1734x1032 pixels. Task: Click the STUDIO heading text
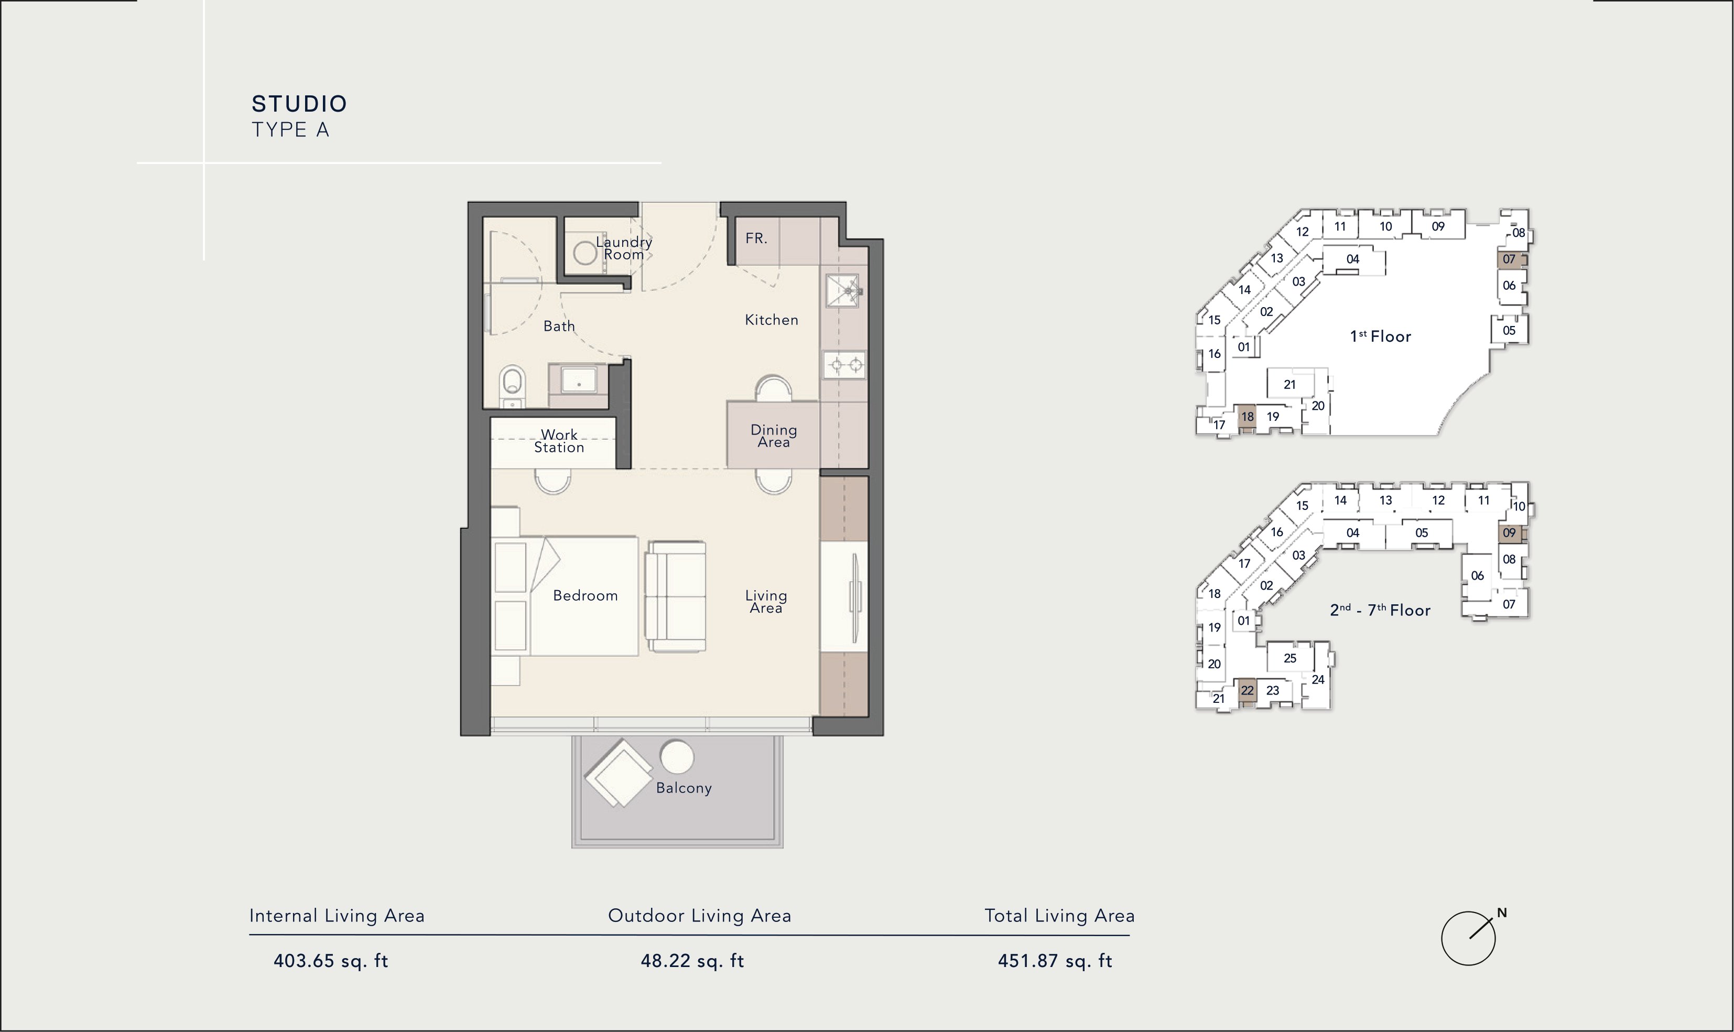point(299,104)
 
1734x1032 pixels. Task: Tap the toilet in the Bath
point(513,386)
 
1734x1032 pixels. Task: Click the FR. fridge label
point(756,238)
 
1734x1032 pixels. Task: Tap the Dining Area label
point(773,436)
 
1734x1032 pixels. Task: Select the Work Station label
point(559,441)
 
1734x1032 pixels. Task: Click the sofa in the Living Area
point(676,596)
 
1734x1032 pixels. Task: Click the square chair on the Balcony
point(619,773)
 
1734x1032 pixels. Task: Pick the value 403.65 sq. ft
point(330,961)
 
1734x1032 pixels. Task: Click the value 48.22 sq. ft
point(692,961)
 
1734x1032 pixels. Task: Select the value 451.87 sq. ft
point(1055,961)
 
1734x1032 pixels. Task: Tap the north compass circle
point(1468,938)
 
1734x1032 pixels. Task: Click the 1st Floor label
point(1380,336)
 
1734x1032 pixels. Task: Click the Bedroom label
point(586,596)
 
